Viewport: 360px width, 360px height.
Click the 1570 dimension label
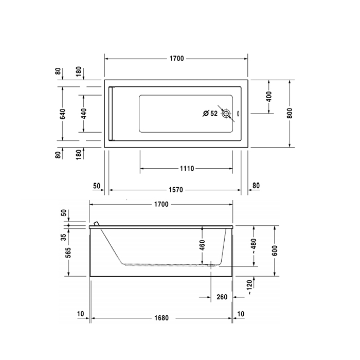(x=176, y=190)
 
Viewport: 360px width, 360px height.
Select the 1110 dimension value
(x=187, y=169)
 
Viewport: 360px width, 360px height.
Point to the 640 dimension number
(x=62, y=114)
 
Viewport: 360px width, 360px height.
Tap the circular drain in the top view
(x=225, y=114)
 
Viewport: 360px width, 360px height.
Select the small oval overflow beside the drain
(x=237, y=114)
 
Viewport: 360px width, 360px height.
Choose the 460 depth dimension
(x=202, y=245)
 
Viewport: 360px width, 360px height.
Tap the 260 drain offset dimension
(x=222, y=297)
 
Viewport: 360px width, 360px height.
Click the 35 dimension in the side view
(x=64, y=237)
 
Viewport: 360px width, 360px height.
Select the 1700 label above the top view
(x=176, y=59)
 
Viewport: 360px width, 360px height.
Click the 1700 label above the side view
(x=161, y=204)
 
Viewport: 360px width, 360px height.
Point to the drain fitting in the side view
(x=211, y=265)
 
